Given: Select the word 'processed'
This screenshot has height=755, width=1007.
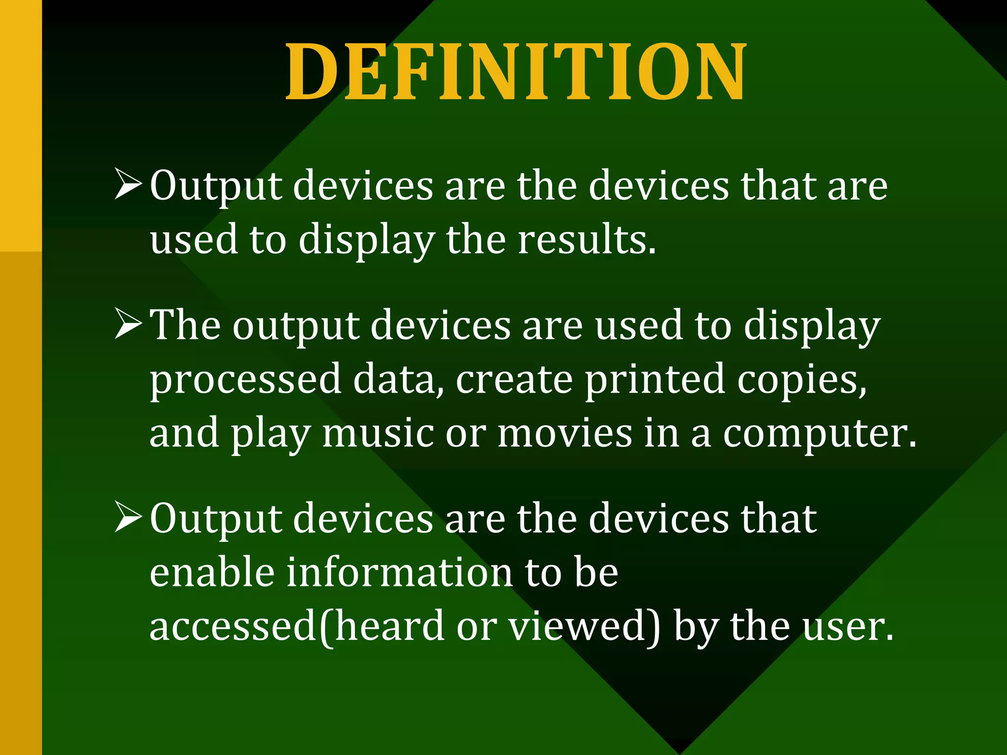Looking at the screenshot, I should coord(245,380).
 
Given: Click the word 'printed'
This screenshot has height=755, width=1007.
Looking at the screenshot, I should coord(654,379).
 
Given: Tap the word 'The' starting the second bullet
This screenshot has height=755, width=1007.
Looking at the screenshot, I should coord(185,324).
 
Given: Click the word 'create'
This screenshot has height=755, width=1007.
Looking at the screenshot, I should coord(514,380).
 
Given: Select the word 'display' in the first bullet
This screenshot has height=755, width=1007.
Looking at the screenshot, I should coord(366,241).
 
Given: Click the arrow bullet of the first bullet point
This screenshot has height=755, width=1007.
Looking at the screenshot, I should coord(128,184).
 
